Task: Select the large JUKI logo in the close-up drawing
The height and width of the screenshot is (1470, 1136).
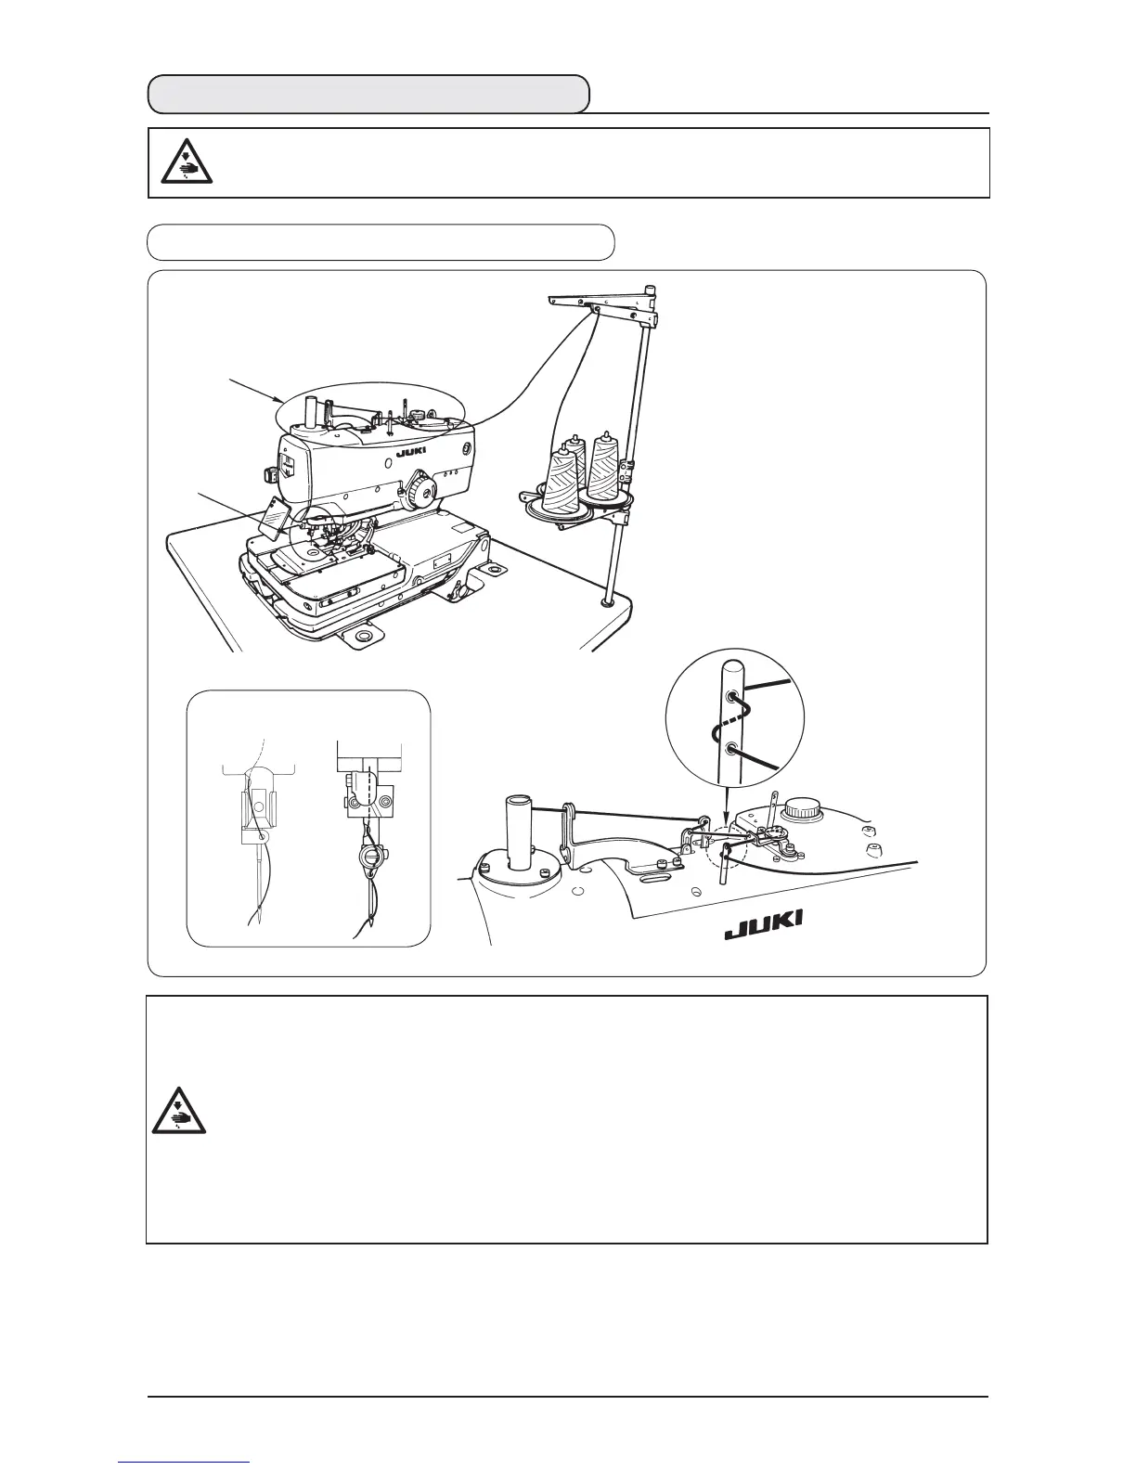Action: (x=764, y=924)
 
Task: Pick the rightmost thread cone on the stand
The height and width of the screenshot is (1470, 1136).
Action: (x=604, y=470)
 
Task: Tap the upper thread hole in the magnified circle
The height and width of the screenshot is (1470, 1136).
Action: (x=733, y=695)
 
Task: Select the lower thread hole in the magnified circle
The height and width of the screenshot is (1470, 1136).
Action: (x=733, y=747)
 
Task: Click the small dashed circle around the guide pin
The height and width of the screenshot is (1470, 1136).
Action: (x=725, y=848)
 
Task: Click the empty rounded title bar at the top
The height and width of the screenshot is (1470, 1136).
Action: (x=369, y=94)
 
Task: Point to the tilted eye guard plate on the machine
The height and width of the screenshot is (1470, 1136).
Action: (x=277, y=516)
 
